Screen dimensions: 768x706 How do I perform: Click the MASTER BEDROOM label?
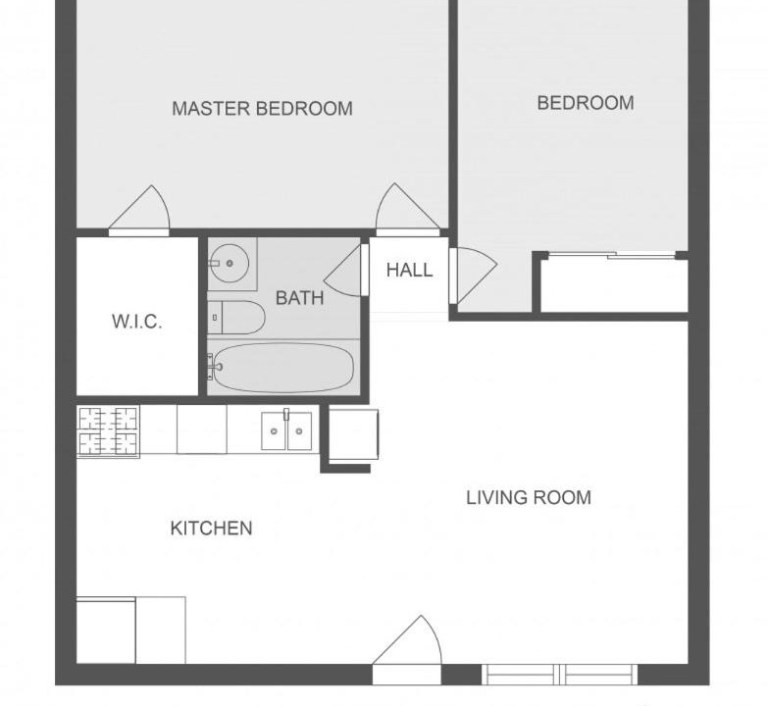point(262,108)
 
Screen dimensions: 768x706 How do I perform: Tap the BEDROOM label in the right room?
point(586,103)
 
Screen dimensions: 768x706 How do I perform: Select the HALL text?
point(409,270)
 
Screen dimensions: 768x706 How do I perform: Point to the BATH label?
point(300,298)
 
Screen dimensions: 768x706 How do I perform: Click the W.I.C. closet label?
point(136,322)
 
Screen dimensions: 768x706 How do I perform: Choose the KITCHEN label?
point(212,529)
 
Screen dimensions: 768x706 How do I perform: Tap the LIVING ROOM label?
point(529,497)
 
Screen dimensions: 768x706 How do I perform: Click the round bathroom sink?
point(230,264)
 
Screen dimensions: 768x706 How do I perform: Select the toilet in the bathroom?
point(235,318)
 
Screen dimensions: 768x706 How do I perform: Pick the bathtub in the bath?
point(281,368)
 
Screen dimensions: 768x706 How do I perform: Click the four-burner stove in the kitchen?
point(108,431)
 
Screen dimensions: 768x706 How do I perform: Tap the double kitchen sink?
point(286,430)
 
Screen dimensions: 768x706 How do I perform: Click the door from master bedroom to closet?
point(139,211)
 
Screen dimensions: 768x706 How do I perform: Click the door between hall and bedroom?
point(473,276)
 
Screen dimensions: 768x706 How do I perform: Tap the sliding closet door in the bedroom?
point(612,256)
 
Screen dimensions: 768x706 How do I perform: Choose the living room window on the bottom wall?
point(560,675)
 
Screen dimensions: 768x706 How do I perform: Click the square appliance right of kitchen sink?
point(353,434)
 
